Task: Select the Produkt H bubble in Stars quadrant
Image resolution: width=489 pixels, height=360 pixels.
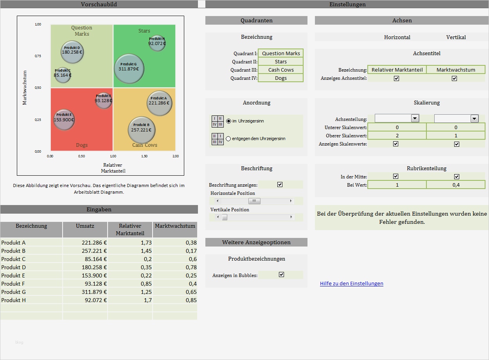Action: coord(157,43)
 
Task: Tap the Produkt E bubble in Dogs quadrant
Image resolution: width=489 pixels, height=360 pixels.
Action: coord(64,119)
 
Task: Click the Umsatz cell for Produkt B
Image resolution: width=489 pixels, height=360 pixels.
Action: coord(85,251)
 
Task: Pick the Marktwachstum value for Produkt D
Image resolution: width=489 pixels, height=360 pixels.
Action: coord(175,267)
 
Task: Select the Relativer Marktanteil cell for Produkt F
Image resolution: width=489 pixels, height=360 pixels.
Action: coord(130,284)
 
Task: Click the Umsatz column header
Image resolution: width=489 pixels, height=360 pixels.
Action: coord(85,226)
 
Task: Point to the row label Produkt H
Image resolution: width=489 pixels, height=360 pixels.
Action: coord(14,300)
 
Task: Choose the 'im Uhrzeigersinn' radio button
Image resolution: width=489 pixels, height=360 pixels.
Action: coord(229,121)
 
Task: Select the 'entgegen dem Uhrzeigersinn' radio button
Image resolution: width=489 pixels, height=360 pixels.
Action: coord(229,139)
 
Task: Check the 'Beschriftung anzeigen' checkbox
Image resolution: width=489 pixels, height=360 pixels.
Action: coord(280,184)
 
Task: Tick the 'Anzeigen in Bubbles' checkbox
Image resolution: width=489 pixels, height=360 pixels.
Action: coord(281,275)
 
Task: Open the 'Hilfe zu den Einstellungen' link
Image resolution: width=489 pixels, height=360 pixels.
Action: coord(351,283)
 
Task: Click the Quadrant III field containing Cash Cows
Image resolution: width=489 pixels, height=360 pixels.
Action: coord(281,70)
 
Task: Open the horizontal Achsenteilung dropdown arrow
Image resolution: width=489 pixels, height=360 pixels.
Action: coord(415,118)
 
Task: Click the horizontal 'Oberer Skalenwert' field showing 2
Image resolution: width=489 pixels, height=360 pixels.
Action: coord(397,135)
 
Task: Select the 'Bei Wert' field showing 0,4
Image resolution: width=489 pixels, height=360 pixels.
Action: coord(456,185)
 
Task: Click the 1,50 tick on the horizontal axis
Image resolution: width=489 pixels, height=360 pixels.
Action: coord(144,156)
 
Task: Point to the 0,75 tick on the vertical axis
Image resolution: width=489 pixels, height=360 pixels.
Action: coord(38,56)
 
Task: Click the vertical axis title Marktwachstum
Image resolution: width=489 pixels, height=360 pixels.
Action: coord(25,88)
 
